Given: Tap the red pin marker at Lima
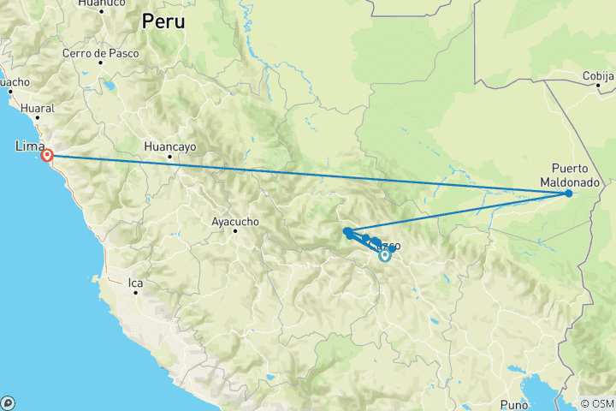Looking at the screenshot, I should (48, 156).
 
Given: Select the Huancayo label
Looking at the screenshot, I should (171, 146).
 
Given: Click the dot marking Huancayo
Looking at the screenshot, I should (169, 157).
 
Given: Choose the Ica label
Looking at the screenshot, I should (135, 282).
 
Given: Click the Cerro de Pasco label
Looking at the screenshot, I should (96, 53).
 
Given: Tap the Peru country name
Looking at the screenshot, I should (163, 21).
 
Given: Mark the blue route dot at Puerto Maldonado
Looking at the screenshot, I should (568, 194).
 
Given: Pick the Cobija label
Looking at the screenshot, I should (598, 75).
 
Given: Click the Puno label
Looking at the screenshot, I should (514, 404).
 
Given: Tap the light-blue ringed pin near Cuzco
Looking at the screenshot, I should (385, 254).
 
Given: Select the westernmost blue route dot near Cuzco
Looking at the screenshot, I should (346, 231).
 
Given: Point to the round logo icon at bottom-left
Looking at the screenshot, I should (9, 402).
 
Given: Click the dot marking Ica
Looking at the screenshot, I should (135, 292).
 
